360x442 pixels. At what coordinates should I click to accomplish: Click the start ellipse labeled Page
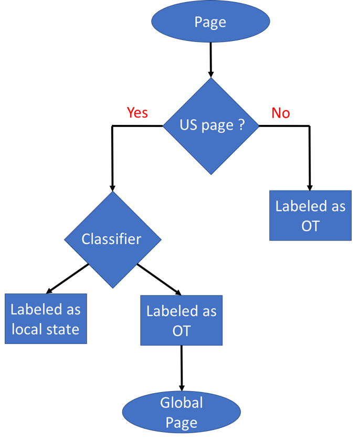coord(210,22)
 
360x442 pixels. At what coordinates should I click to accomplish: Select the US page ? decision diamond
coord(211,126)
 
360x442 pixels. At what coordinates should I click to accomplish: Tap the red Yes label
coord(137,113)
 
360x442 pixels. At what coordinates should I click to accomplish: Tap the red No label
coord(280,113)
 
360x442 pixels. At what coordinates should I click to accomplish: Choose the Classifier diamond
coord(112,239)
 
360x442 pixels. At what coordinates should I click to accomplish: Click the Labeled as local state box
coord(46,319)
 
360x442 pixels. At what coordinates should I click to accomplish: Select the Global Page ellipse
coord(182,413)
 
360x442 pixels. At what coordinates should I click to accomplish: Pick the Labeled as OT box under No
coord(310,216)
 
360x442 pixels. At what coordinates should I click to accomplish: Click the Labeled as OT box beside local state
coord(182,321)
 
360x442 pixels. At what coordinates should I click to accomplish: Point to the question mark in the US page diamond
coord(241,125)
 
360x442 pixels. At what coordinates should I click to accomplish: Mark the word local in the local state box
coord(27,330)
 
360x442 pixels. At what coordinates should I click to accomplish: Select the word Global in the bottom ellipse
coord(182,403)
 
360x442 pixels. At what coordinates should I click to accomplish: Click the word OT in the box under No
coord(310,226)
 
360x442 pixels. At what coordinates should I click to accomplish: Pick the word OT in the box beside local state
coord(182,331)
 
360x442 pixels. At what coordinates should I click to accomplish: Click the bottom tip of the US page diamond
coord(211,174)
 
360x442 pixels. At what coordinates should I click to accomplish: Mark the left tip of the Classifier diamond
coord(65,240)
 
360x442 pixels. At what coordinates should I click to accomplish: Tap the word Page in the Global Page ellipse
coord(182,423)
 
